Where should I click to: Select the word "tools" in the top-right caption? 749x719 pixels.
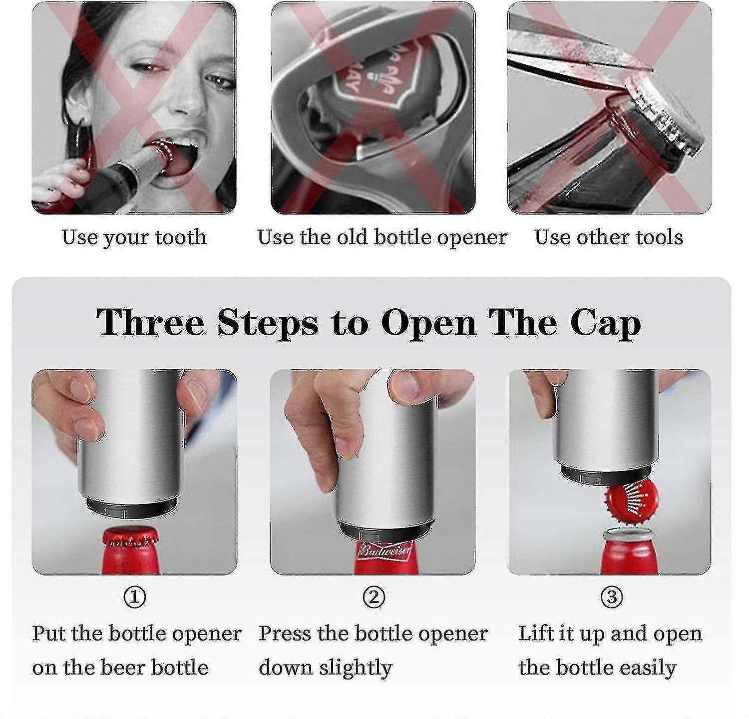(659, 237)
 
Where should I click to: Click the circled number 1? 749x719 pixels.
(135, 597)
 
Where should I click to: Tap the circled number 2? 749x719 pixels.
(374, 597)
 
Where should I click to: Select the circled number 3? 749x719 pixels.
(611, 597)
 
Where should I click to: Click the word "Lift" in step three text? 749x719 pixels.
(535, 634)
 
